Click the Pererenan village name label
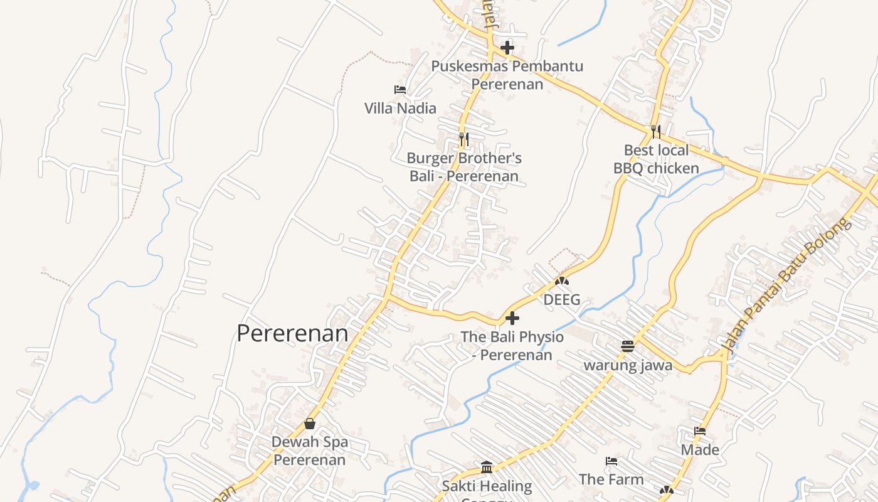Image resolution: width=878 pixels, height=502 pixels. coord(292,333)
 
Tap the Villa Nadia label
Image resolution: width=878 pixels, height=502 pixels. coord(400,108)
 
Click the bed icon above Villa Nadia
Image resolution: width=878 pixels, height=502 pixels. coord(400,90)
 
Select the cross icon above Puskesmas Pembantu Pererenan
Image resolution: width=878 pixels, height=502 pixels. coord(507,48)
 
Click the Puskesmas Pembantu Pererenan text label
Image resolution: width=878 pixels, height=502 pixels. coord(507,75)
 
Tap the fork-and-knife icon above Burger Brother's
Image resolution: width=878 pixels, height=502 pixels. coord(464,139)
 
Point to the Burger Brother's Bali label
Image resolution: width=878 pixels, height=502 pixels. coord(464,167)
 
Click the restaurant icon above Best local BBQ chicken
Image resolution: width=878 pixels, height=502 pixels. coord(656,131)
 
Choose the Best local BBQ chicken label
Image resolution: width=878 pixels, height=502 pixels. coord(656,159)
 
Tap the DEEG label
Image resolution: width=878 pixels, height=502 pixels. coord(562,299)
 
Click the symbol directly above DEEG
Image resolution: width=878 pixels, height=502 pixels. coord(562,281)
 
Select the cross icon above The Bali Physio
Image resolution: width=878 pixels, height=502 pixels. coord(512,318)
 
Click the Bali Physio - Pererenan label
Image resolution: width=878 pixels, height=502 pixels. coord(512,346)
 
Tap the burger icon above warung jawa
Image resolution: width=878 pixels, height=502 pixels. coord(628,346)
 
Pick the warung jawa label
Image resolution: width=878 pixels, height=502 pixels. coord(628,365)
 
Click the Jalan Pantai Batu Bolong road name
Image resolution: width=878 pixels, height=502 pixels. coord(786,285)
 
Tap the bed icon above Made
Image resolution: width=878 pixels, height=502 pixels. coord(700,431)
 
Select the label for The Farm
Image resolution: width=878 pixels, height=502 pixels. coord(611,479)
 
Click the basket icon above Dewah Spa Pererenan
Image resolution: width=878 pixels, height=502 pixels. coord(310,424)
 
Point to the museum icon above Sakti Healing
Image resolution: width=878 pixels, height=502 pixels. coord(487,467)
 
